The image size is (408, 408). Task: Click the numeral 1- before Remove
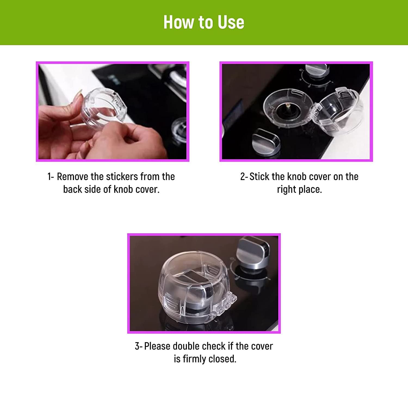pyautogui.click(x=51, y=177)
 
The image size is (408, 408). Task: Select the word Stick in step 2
pyautogui.click(x=259, y=177)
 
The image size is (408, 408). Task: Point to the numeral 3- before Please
pyautogui.click(x=138, y=346)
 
